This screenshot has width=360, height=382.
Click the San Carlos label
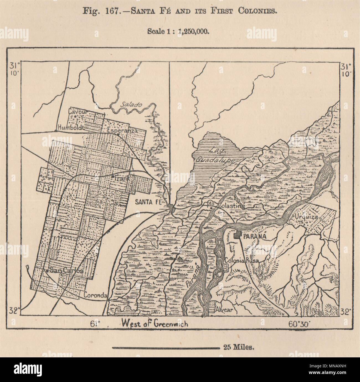point(66,271)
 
